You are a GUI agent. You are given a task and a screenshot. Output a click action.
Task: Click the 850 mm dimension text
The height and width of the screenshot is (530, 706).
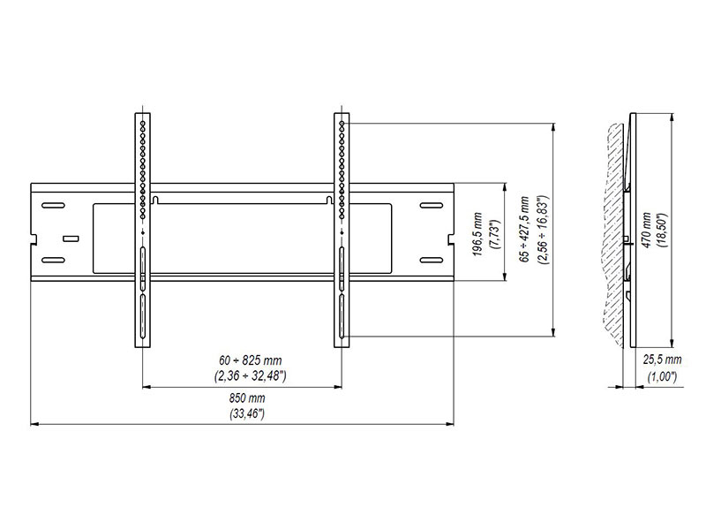click(x=243, y=399)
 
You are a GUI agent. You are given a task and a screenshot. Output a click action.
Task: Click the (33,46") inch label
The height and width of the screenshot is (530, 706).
click(x=243, y=413)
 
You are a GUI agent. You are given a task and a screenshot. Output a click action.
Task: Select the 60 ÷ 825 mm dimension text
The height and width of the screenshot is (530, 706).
click(x=243, y=361)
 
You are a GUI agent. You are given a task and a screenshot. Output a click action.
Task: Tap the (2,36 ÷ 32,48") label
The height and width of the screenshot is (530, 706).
click(x=243, y=375)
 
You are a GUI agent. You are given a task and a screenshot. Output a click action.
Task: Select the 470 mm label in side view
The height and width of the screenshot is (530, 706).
click(x=647, y=231)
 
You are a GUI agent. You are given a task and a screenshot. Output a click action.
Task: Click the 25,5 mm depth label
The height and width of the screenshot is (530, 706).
click(x=662, y=360)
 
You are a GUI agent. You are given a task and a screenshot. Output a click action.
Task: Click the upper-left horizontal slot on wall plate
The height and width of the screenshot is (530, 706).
click(x=53, y=207)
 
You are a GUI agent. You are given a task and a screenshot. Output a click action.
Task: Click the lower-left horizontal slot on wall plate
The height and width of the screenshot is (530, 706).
click(x=53, y=260)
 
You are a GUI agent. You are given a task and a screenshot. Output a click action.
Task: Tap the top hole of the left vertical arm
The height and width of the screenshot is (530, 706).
click(x=142, y=117)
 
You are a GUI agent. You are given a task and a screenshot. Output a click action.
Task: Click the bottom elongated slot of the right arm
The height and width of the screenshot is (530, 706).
click(x=341, y=316)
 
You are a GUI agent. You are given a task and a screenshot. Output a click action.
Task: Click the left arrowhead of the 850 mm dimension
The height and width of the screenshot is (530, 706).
click(x=34, y=424)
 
